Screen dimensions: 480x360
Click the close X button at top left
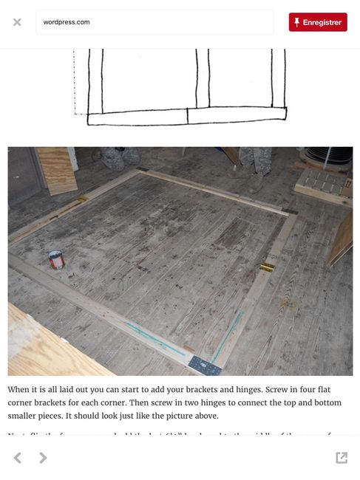pos(17,22)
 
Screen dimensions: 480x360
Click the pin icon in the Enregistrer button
pos(296,22)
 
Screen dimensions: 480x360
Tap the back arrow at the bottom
pos(18,458)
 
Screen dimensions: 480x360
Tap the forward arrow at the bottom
pos(43,458)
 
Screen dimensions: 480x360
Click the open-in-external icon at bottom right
pos(341,458)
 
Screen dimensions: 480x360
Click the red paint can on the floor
pos(56,259)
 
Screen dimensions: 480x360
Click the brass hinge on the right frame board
pos(267,267)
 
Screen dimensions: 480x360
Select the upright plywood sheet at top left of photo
pos(56,169)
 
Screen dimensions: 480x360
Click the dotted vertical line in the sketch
pos(75,81)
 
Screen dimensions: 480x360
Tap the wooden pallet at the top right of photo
pos(323,185)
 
